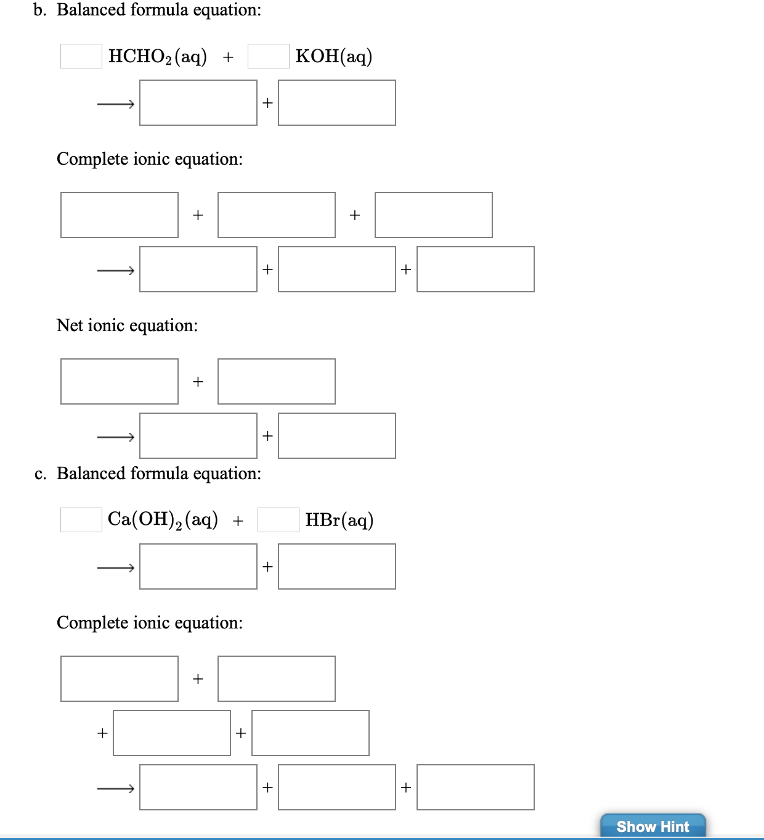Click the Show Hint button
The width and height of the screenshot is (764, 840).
pos(652,826)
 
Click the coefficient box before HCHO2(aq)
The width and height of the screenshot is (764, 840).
pos(81,56)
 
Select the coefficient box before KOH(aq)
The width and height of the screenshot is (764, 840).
pos(268,56)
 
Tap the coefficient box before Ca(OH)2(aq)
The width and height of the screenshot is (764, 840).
pos(81,520)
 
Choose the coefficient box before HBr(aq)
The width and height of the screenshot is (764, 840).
pos(278,520)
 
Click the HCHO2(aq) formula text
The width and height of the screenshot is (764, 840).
pos(157,56)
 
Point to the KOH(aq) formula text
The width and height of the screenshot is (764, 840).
pos(333,56)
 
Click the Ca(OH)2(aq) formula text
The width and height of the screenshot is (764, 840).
pos(163,520)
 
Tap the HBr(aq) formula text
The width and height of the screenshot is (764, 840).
pos(339,520)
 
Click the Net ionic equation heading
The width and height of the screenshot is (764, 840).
pos(127,325)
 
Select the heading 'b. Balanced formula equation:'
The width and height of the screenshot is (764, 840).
pos(147,10)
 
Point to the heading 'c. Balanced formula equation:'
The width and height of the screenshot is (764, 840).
pos(148,474)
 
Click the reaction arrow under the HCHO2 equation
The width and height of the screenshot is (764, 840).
pos(116,104)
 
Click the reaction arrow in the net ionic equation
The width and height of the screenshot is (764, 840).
pos(116,437)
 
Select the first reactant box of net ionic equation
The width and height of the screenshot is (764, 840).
pos(120,382)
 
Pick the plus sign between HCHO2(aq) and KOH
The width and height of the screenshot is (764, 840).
pos(228,57)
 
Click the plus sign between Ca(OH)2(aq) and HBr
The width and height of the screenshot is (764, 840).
pos(238,521)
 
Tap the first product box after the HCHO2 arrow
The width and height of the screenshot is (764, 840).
pos(198,103)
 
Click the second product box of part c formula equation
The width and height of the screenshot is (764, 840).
pos(337,567)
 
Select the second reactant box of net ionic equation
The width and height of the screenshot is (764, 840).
pos(277,382)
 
